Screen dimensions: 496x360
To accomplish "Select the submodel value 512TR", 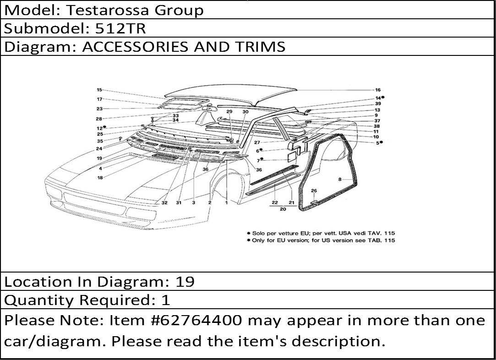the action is (120, 28).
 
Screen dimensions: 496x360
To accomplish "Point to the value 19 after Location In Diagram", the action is (185, 282).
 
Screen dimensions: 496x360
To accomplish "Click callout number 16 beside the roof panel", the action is (378, 90).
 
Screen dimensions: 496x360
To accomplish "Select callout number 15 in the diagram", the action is (99, 90).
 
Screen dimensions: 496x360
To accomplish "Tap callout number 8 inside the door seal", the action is (340, 180).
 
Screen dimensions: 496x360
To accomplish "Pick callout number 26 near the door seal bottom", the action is (314, 191).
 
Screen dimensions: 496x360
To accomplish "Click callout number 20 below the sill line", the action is (283, 209).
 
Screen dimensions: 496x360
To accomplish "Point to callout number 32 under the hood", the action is (164, 203).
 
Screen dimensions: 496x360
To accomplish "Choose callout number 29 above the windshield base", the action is (229, 112).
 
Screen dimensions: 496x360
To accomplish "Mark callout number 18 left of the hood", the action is (100, 178).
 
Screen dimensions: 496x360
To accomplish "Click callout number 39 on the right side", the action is (378, 104).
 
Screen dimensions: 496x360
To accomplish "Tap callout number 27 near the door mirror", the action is (257, 142).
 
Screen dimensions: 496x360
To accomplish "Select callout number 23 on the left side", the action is (100, 109).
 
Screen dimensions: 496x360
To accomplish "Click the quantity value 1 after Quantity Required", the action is (166, 300).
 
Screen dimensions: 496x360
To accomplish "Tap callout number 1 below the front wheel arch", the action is (226, 203).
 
